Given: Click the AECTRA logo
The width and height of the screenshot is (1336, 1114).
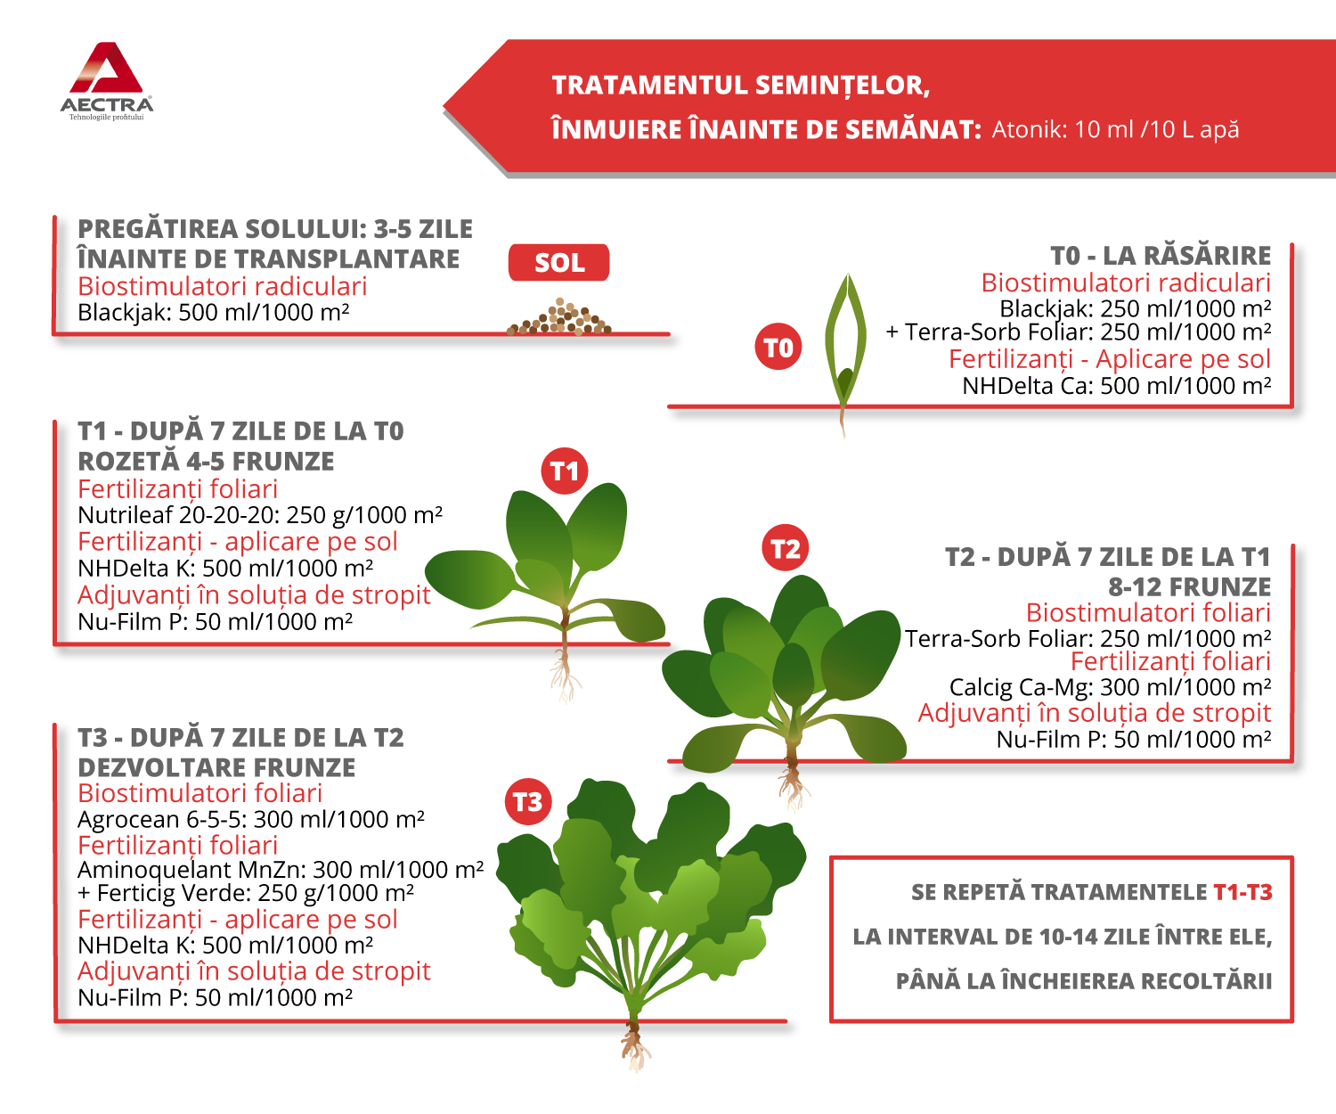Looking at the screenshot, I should click(x=107, y=80).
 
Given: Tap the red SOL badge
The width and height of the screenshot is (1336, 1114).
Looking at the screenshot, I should click(x=559, y=263).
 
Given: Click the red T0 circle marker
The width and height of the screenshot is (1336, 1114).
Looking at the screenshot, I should click(x=778, y=348).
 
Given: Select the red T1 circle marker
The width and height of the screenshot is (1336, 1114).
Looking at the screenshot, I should click(x=565, y=471).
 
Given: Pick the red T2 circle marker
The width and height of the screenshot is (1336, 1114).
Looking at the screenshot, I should click(x=786, y=549).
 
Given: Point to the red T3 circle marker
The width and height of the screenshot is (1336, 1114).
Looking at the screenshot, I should click(x=528, y=802).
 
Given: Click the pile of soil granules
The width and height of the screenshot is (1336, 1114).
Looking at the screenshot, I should click(x=559, y=319).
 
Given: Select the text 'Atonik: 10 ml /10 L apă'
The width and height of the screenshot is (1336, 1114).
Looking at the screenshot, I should click(x=1115, y=130).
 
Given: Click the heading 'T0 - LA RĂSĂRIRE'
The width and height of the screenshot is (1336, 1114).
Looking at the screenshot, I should click(x=1161, y=256).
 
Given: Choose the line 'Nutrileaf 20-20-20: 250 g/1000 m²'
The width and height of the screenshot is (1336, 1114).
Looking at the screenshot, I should click(x=260, y=515).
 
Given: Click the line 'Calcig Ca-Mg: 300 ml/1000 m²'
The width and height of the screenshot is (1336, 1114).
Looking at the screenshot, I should click(x=1110, y=687).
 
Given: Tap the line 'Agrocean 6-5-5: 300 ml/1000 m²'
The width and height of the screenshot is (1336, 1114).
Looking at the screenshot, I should click(x=251, y=819).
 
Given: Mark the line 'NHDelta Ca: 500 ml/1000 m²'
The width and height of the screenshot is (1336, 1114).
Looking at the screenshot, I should click(x=1116, y=386).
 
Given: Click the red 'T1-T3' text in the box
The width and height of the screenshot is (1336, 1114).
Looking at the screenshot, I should click(x=1242, y=892).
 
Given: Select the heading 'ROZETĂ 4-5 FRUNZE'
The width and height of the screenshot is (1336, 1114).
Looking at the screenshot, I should click(x=207, y=462).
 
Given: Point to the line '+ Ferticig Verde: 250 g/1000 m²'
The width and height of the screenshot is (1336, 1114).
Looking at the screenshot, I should click(x=246, y=893).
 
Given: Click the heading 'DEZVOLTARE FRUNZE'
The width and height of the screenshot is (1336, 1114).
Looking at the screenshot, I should click(x=216, y=767).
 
